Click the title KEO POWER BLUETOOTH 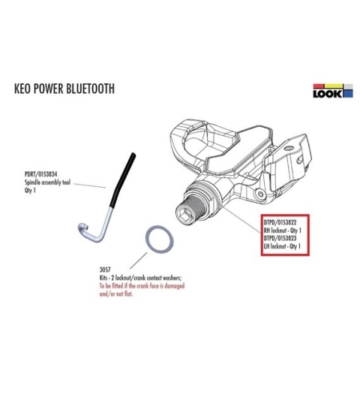(64, 89)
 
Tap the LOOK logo (333, 91)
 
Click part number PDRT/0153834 (40, 174)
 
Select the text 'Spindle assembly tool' (47, 182)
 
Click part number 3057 (105, 270)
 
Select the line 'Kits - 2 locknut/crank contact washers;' (141, 278)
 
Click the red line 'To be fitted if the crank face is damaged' (142, 286)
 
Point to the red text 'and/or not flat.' (116, 294)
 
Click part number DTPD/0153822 (280, 222)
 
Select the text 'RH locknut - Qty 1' (283, 231)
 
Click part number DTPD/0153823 (280, 238)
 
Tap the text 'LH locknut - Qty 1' (282, 246)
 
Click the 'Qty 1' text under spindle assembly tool (30, 191)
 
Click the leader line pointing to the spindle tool (89, 185)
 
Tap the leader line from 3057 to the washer (139, 261)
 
